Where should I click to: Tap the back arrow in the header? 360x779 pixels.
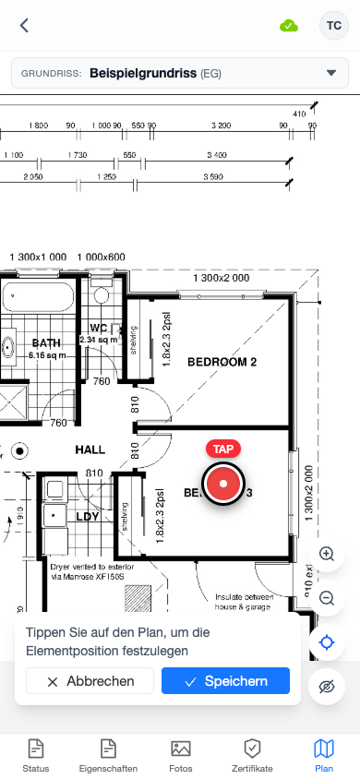24,26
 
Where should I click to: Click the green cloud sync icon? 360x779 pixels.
289,26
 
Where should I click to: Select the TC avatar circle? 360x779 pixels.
332,26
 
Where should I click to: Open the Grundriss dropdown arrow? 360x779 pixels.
331,73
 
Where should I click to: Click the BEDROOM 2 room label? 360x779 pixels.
222,362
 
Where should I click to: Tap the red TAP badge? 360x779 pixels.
222,449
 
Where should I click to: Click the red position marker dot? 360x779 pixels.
222,484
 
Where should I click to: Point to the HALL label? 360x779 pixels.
90,449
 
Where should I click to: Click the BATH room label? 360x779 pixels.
46,343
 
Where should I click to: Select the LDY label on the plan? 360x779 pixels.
88,517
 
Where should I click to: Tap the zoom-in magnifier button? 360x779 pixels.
327,554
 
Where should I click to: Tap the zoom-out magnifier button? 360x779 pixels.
327,598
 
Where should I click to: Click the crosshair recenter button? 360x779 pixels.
327,642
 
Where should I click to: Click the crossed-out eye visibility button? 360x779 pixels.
327,687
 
